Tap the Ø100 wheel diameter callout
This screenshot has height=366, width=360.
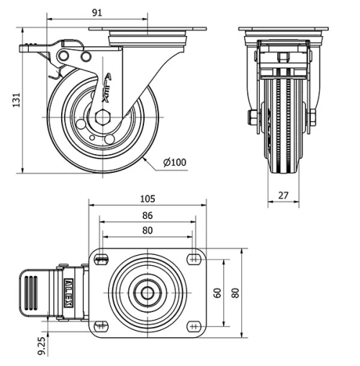point(175,162)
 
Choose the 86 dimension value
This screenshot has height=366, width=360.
point(147,215)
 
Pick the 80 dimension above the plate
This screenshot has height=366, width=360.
point(147,231)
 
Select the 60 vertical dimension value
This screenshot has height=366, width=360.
point(217,293)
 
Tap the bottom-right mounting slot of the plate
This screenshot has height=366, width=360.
point(194,327)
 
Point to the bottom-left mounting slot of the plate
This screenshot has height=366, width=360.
point(100,327)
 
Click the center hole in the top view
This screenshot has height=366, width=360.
point(147,293)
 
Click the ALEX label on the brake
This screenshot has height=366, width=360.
point(69,293)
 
